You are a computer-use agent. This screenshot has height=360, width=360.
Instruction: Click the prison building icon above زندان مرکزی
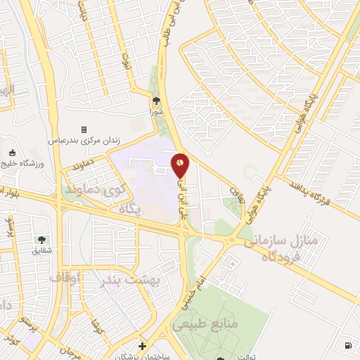tap(84, 129)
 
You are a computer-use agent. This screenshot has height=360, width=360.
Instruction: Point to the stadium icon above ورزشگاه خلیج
tap(12, 153)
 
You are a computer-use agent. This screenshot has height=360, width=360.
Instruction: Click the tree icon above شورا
tap(156, 101)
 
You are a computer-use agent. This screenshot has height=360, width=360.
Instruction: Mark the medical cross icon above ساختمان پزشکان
tap(143, 346)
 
